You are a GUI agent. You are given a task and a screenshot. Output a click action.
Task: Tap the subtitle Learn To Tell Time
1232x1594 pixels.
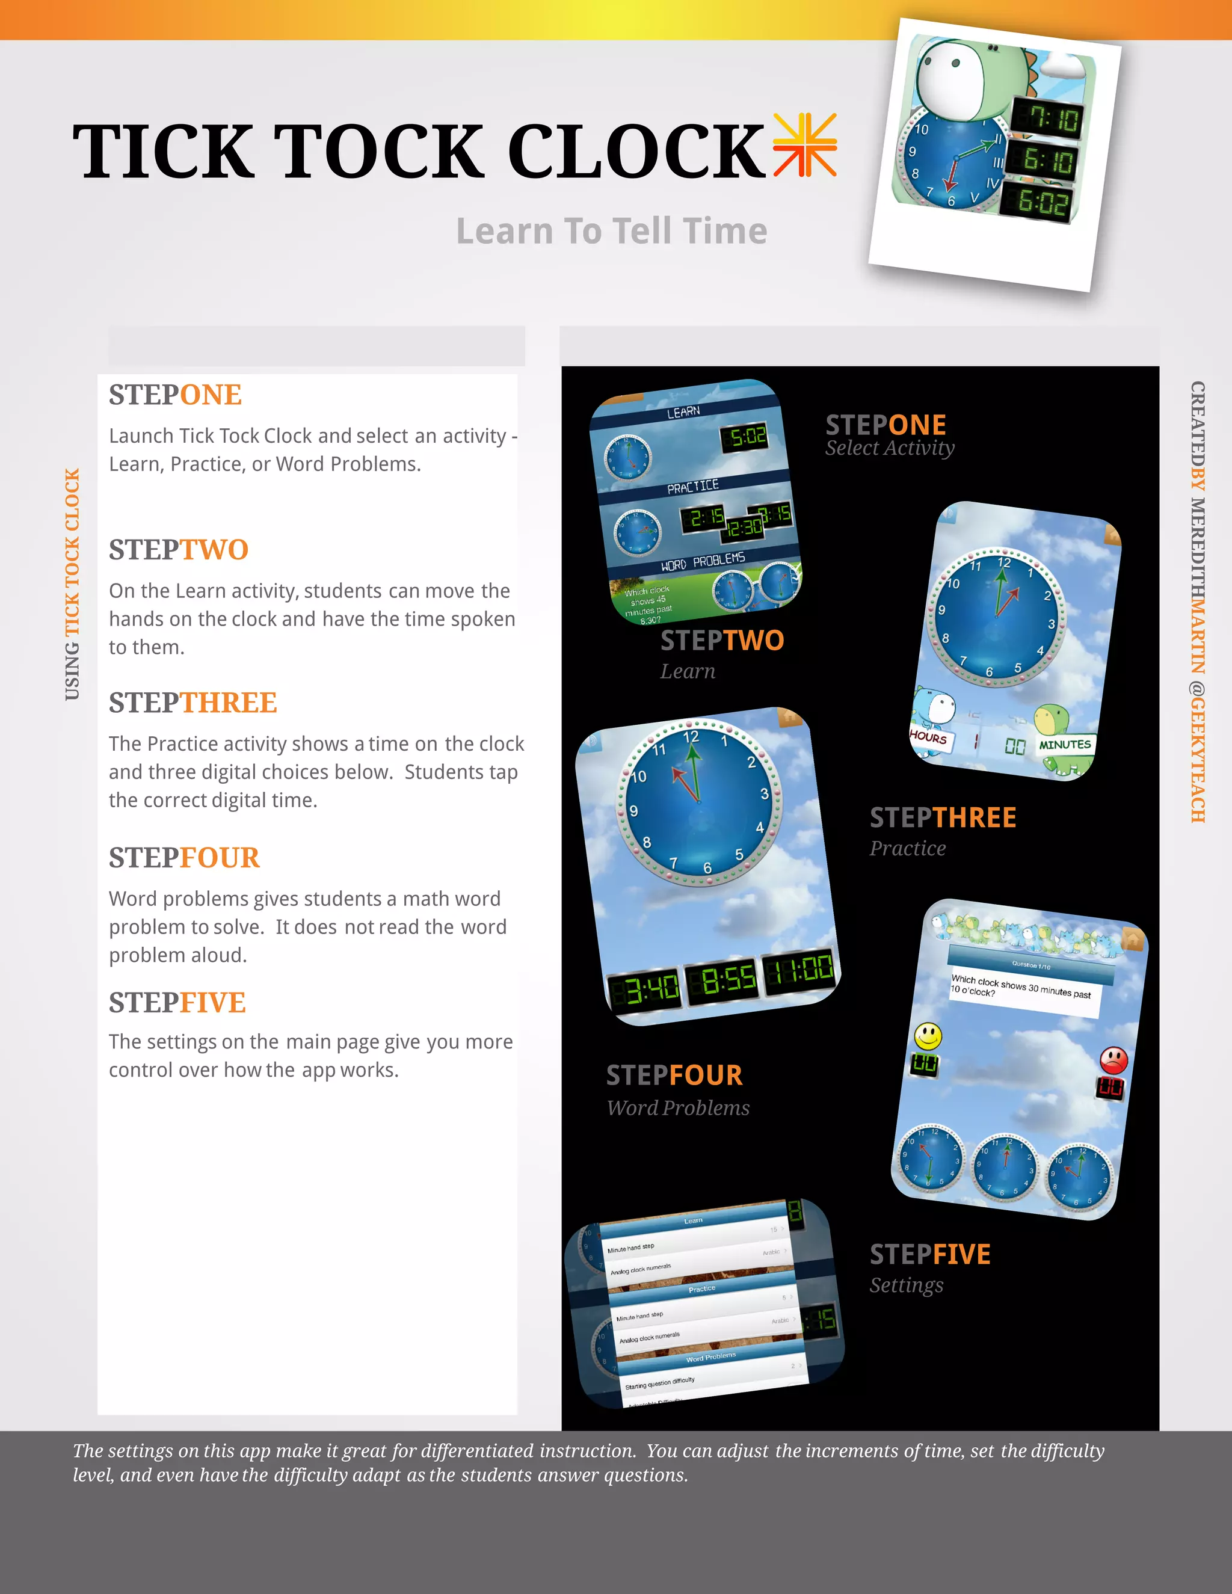point(612,232)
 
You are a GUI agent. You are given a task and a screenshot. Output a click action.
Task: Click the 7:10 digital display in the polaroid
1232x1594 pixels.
point(1047,117)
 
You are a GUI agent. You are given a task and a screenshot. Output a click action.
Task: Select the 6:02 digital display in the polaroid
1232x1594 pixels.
point(1036,201)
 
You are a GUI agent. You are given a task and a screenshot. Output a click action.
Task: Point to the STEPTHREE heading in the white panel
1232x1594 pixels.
point(192,703)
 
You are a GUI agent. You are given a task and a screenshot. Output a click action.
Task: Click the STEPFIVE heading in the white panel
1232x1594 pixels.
point(177,1003)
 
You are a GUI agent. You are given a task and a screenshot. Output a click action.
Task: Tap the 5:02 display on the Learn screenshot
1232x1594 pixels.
point(745,437)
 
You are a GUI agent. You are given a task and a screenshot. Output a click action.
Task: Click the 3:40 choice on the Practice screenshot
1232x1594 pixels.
point(644,989)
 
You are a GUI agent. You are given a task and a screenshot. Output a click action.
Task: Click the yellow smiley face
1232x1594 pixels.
point(928,1035)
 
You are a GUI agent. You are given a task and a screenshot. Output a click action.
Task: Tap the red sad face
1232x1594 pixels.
point(1113,1059)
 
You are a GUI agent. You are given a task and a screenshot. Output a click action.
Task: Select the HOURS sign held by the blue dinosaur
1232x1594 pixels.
point(928,737)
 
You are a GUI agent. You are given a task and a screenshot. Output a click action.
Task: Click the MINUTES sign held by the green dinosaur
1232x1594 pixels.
point(1065,745)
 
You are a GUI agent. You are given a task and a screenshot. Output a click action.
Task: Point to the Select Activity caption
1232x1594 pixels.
point(890,448)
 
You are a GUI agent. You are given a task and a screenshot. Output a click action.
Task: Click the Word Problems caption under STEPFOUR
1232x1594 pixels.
point(678,1108)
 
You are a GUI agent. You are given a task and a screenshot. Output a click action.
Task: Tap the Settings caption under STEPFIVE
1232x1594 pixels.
point(907,1285)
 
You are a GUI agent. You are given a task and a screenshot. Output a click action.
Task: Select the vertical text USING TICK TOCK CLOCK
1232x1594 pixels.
point(72,584)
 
